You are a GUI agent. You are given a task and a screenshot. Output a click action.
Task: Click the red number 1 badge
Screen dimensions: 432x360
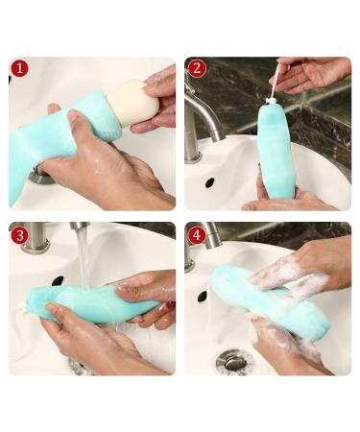[x=20, y=68]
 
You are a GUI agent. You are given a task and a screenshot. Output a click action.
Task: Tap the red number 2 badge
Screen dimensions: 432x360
[x=197, y=68]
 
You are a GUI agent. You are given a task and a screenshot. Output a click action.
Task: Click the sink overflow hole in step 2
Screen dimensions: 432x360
[x=209, y=182]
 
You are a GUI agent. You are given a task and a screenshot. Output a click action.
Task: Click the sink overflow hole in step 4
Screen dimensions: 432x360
[x=202, y=297]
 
